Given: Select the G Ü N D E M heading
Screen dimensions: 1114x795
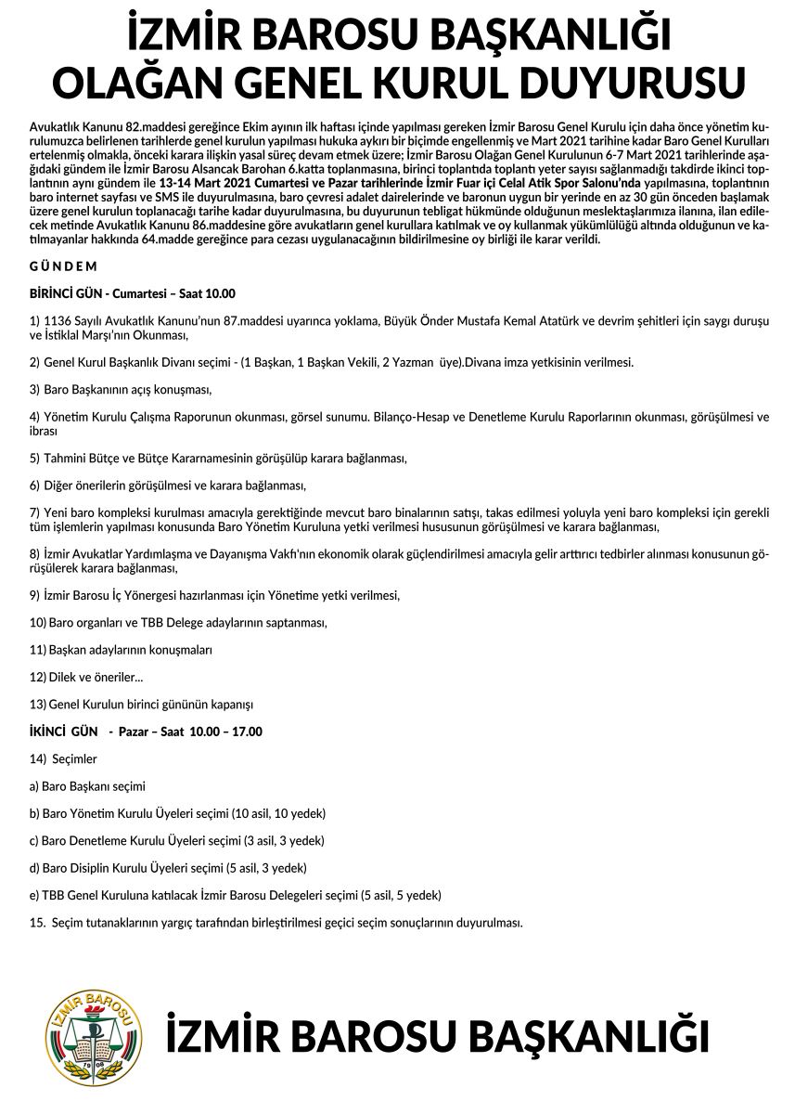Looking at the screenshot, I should pos(64,266).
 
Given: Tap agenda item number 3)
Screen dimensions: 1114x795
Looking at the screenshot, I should pos(35,390).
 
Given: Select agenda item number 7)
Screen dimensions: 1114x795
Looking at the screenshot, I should pos(35,512).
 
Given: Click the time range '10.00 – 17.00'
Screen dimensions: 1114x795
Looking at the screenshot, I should pos(225,732).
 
